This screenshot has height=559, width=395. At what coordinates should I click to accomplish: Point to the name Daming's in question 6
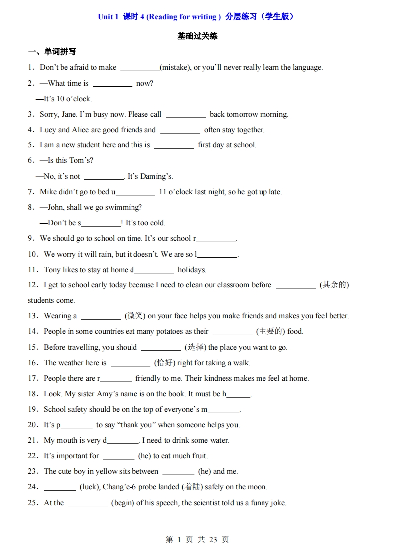157,176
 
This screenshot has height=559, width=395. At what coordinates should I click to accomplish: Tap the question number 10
33,254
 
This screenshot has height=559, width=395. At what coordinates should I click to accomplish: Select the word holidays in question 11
192,270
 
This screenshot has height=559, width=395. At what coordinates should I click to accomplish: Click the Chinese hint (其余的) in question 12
334,285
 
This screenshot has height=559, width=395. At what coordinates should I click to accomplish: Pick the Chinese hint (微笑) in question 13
134,316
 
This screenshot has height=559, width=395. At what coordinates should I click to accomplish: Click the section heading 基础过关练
197,36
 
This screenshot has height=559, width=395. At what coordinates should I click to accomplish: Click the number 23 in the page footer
213,540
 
